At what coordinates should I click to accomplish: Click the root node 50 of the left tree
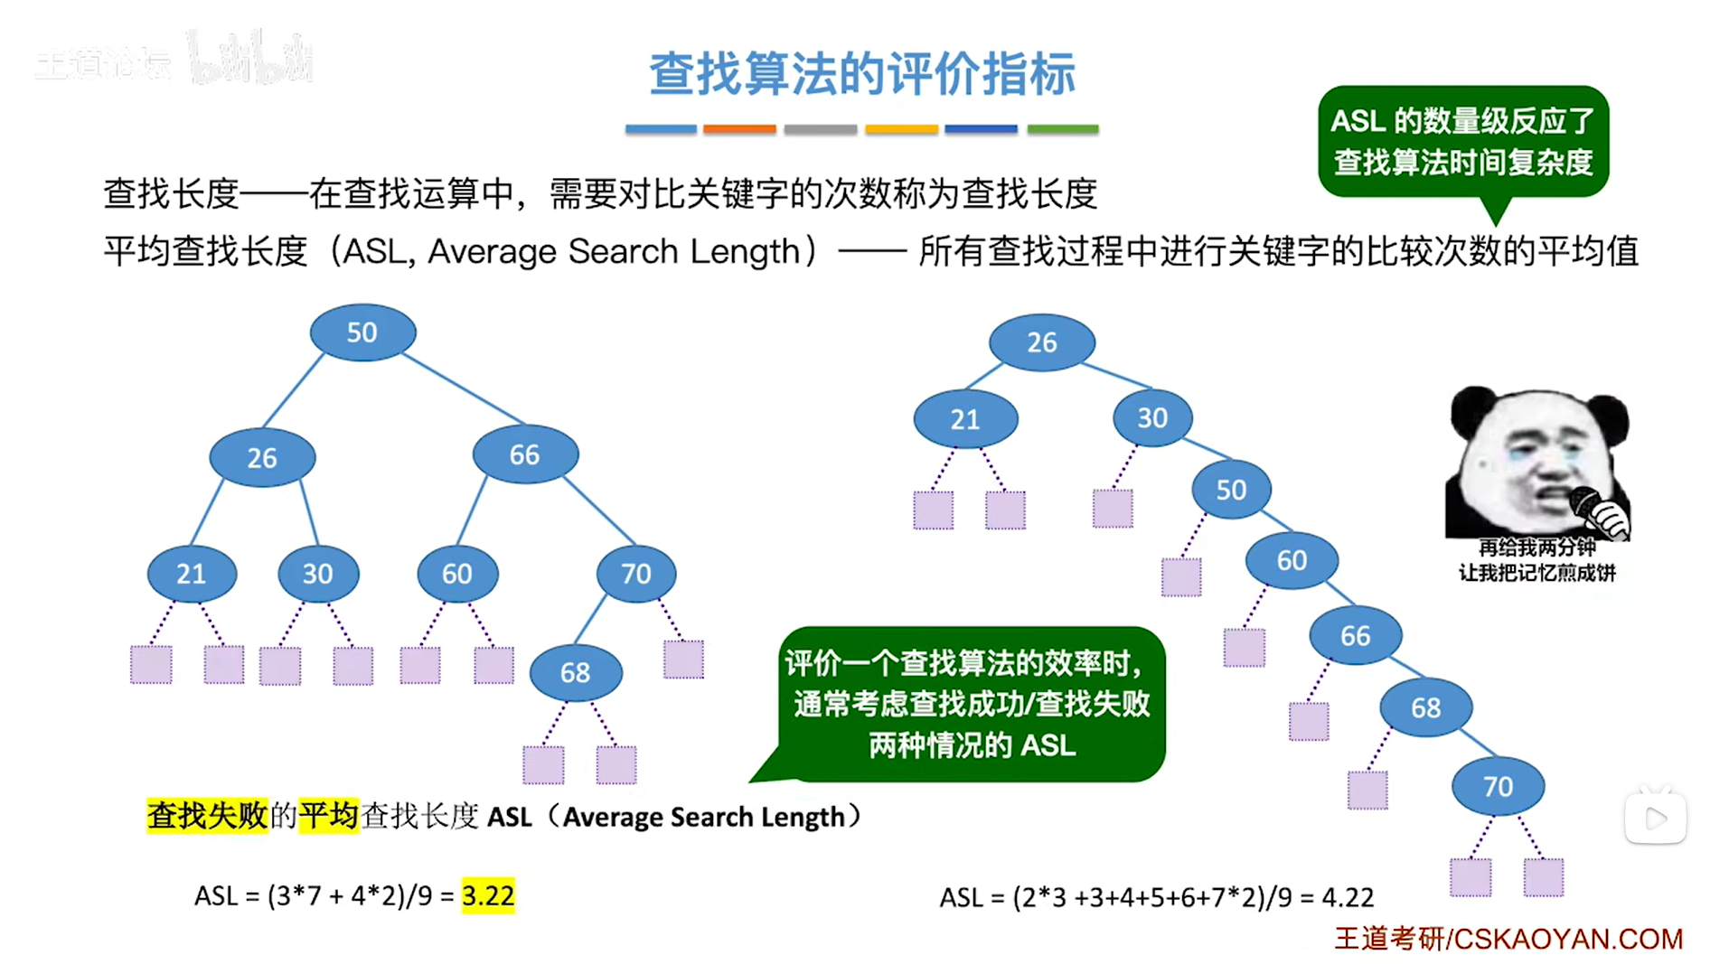[362, 332]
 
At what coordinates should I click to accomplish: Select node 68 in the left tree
[576, 672]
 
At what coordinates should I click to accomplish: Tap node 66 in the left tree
[524, 454]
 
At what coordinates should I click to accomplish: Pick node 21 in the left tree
[192, 574]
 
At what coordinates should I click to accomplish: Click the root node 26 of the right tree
[1041, 342]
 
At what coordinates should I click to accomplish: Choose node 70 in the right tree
[1498, 786]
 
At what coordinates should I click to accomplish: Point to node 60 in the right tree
[1292, 560]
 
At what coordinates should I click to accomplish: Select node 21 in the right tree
[965, 419]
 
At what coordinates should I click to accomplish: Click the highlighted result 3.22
[488, 895]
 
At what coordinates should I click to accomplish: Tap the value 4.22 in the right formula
[1348, 897]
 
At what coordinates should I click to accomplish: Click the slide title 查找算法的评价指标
[862, 74]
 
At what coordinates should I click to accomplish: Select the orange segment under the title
[739, 129]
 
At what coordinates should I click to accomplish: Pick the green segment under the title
[1063, 129]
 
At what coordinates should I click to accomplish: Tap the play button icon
[1656, 819]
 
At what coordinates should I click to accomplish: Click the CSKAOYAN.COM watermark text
[1567, 939]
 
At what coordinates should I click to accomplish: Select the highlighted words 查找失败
[208, 816]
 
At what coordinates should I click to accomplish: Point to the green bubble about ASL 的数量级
[1462, 141]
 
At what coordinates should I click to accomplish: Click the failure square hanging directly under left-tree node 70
[683, 660]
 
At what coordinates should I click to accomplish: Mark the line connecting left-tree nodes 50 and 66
[463, 388]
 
